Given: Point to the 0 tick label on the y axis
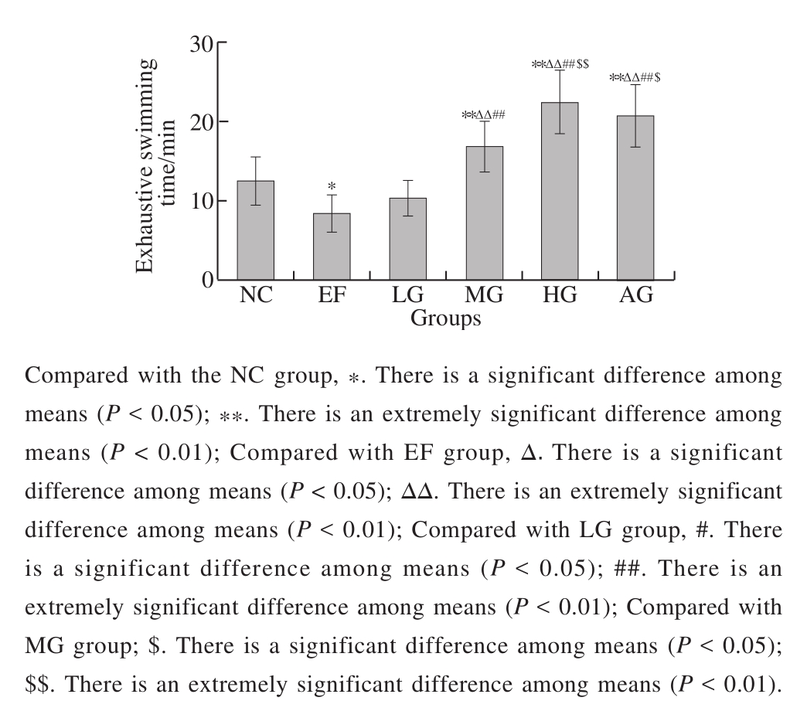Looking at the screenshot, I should point(206,279).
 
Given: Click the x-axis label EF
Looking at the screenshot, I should point(332,296).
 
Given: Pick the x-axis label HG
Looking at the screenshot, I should point(560,296).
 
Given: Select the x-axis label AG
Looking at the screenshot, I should point(636,296).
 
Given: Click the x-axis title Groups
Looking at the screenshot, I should point(446,318).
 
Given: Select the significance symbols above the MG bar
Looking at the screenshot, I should point(484,115).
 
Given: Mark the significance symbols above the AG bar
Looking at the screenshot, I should point(635,77).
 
